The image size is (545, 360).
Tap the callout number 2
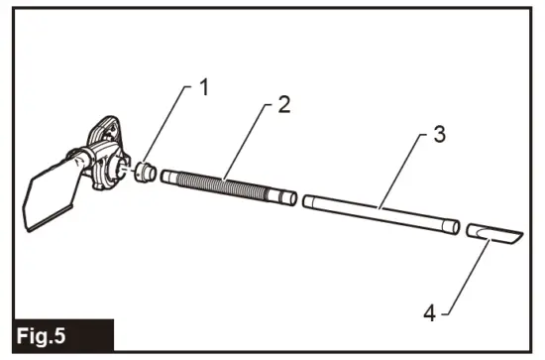283,105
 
